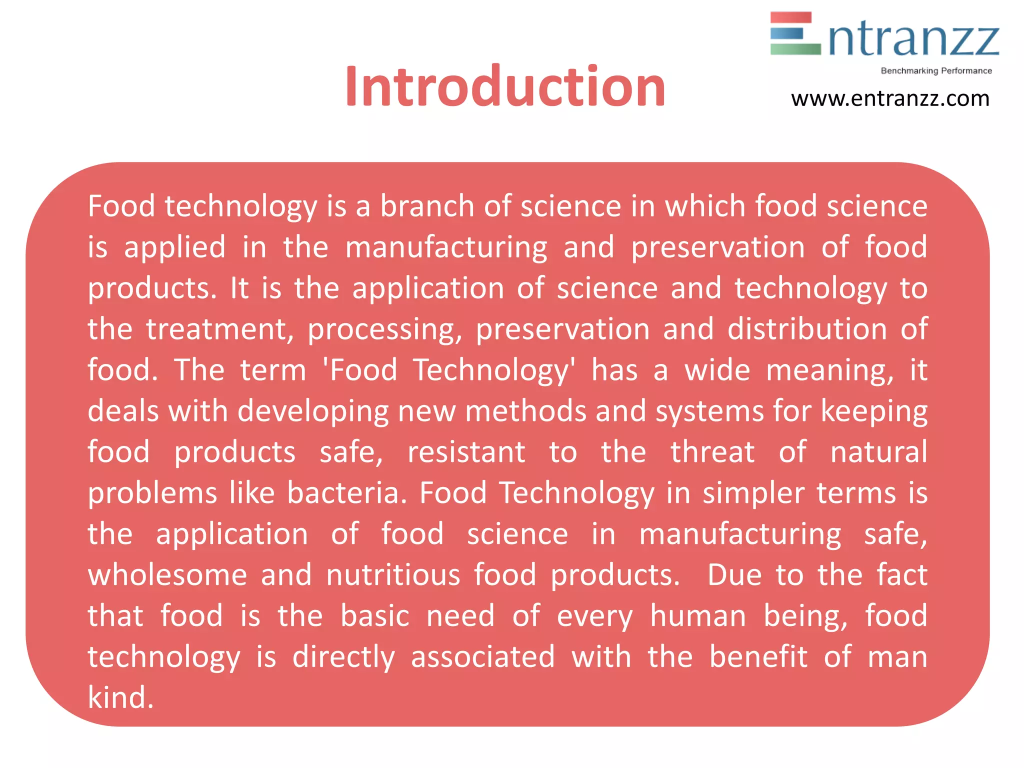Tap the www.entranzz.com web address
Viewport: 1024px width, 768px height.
click(x=890, y=98)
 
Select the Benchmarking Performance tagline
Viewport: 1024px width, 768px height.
click(x=936, y=71)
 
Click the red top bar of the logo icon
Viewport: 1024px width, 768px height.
click(x=790, y=17)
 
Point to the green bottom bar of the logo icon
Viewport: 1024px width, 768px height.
click(x=795, y=48)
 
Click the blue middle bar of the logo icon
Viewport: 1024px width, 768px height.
click(x=786, y=33)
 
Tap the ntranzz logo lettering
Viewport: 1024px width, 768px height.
click(x=914, y=39)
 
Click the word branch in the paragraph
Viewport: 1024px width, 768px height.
click(x=427, y=206)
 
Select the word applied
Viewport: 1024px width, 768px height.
click(x=174, y=247)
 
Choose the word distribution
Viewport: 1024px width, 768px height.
click(x=807, y=329)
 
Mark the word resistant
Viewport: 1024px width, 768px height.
click(x=466, y=452)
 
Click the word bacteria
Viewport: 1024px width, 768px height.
click(x=347, y=493)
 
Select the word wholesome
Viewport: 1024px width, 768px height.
click(x=167, y=575)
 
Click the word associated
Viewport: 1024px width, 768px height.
click(x=482, y=657)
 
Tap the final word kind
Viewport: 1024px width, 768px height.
click(x=120, y=697)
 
